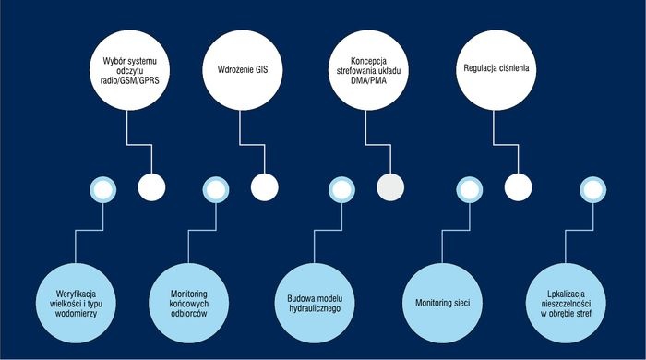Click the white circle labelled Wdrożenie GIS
point(243,70)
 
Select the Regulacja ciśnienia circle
point(496,70)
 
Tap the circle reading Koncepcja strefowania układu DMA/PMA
point(369,70)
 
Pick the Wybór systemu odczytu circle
point(130,70)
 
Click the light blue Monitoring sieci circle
point(442,303)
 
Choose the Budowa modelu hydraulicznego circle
point(315,303)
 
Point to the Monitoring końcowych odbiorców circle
point(188,303)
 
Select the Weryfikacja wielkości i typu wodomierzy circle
point(76,303)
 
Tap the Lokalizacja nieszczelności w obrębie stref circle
point(566,303)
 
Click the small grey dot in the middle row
point(390,187)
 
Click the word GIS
point(261,69)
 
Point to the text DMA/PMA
point(369,80)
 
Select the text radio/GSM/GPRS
point(130,80)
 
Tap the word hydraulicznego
point(315,308)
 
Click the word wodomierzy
point(77,314)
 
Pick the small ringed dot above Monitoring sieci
point(469,189)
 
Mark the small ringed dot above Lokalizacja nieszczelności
point(592,189)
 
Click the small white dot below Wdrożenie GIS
point(265,187)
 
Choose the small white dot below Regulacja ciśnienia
point(518,187)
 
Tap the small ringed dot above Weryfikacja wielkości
point(103,189)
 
